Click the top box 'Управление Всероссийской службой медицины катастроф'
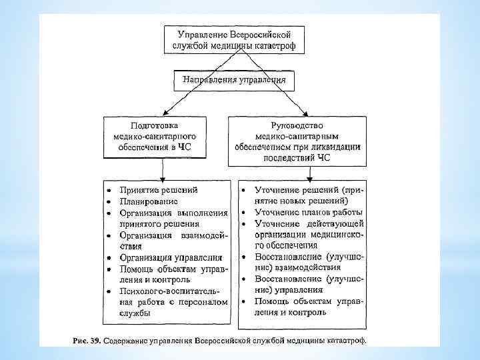pos(234,39)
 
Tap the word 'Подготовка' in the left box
pos(155,125)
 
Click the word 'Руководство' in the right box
pos(296,125)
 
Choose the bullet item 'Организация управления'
pos(171,257)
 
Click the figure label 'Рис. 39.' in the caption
pos(86,340)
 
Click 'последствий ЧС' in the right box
pos(296,157)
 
